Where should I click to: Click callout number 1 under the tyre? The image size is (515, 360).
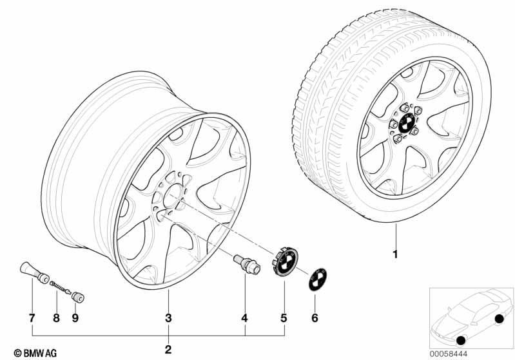click(395, 254)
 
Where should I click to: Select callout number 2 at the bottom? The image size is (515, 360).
click(168, 350)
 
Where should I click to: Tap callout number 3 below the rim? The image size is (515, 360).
click(168, 317)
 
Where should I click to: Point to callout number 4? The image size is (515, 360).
click(244, 317)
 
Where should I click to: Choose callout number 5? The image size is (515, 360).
click(284, 317)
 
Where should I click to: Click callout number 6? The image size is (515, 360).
click(315, 317)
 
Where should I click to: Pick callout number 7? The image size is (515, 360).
click(32, 317)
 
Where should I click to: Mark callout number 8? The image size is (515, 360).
click(57, 317)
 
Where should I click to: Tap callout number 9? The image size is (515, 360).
click(75, 317)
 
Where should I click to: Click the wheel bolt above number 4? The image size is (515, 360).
click(247, 265)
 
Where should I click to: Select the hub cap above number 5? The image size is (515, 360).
click(285, 262)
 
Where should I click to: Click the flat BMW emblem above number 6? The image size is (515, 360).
click(318, 279)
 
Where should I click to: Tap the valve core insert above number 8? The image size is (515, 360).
click(61, 287)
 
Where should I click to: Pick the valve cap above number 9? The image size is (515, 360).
click(78, 297)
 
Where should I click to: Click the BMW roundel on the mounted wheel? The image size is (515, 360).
click(406, 123)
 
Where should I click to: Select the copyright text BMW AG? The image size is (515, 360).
click(35, 353)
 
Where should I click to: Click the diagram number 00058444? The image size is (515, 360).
click(449, 354)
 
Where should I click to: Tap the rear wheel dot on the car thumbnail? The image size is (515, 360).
click(499, 319)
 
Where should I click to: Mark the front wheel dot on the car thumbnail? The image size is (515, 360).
click(461, 341)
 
